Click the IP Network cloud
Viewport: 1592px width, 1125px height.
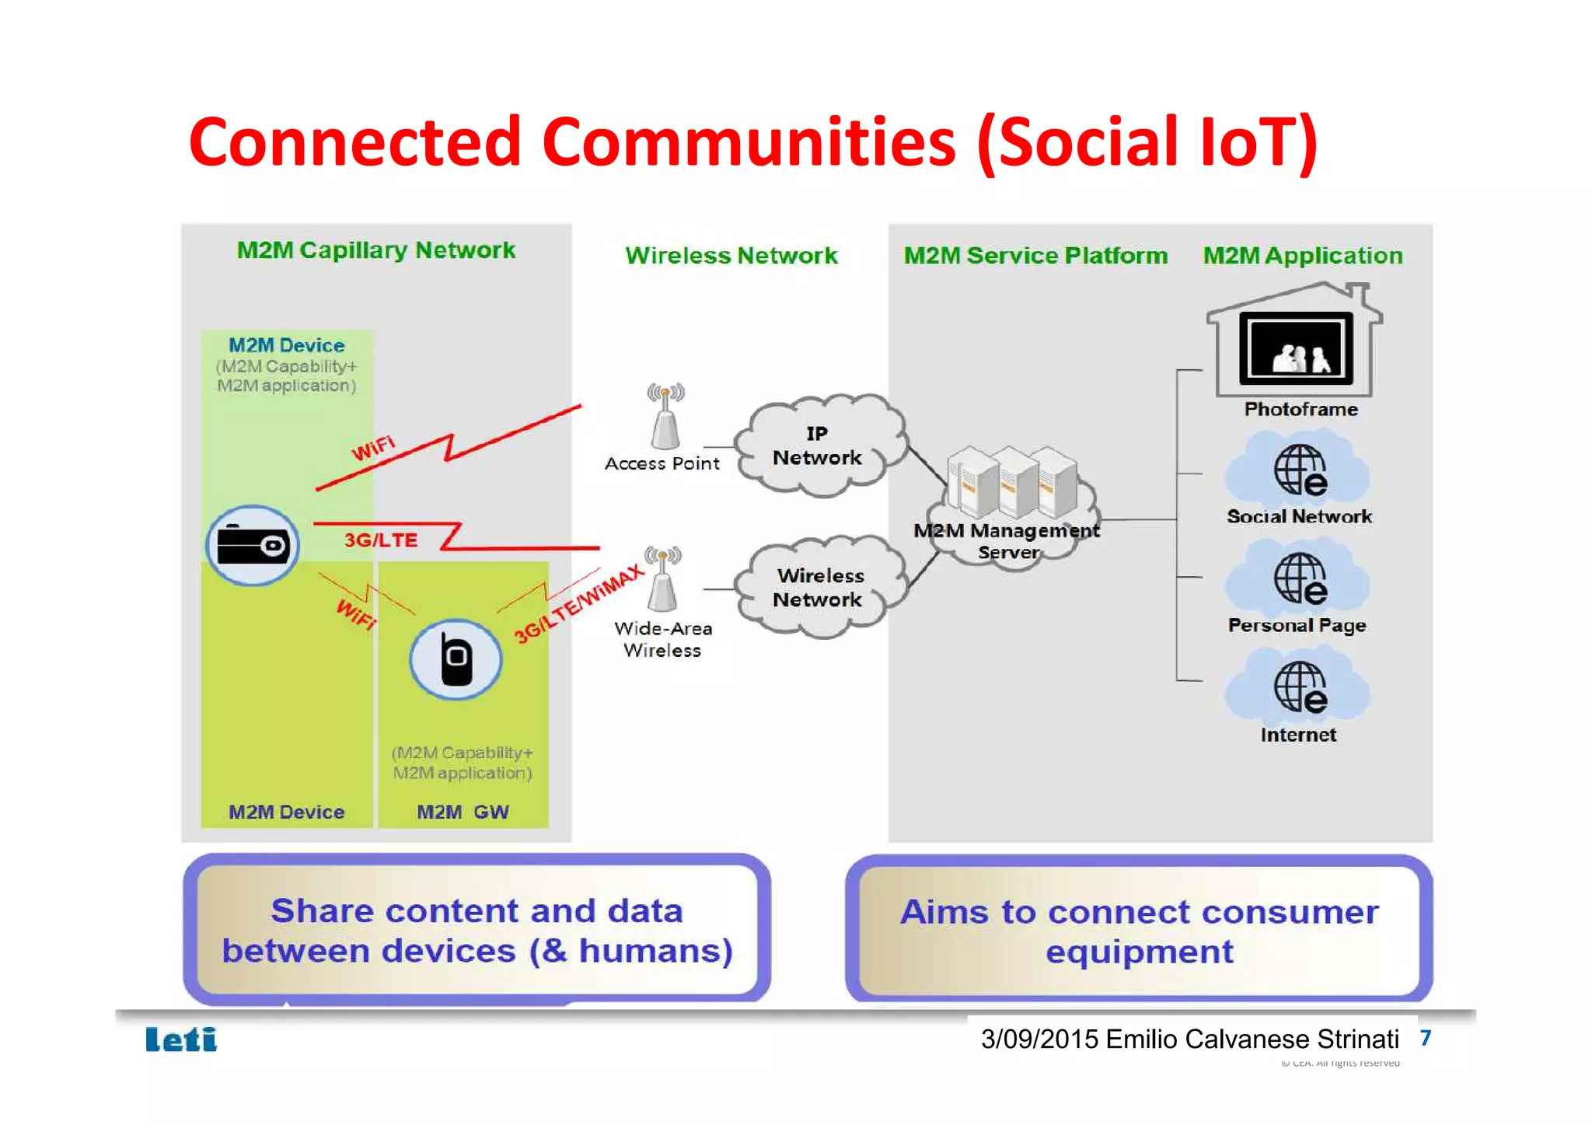[x=818, y=445]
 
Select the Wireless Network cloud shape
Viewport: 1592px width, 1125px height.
[x=819, y=589]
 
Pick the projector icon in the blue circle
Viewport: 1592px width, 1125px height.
[x=253, y=545]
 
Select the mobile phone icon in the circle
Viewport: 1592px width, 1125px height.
[x=456, y=659]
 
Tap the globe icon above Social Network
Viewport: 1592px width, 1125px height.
[x=1299, y=470]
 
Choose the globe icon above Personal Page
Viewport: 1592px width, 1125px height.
[x=1299, y=579]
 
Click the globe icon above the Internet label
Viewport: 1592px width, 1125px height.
[x=1299, y=687]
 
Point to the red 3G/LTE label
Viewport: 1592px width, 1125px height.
[x=381, y=540]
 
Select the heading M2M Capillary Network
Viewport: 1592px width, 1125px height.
[x=375, y=250]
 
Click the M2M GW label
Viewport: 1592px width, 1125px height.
[x=463, y=812]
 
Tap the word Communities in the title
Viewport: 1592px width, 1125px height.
[x=749, y=142]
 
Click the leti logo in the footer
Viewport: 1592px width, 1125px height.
[x=181, y=1039]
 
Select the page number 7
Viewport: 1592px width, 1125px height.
[x=1425, y=1038]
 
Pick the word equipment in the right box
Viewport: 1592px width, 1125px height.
[x=1139, y=952]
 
